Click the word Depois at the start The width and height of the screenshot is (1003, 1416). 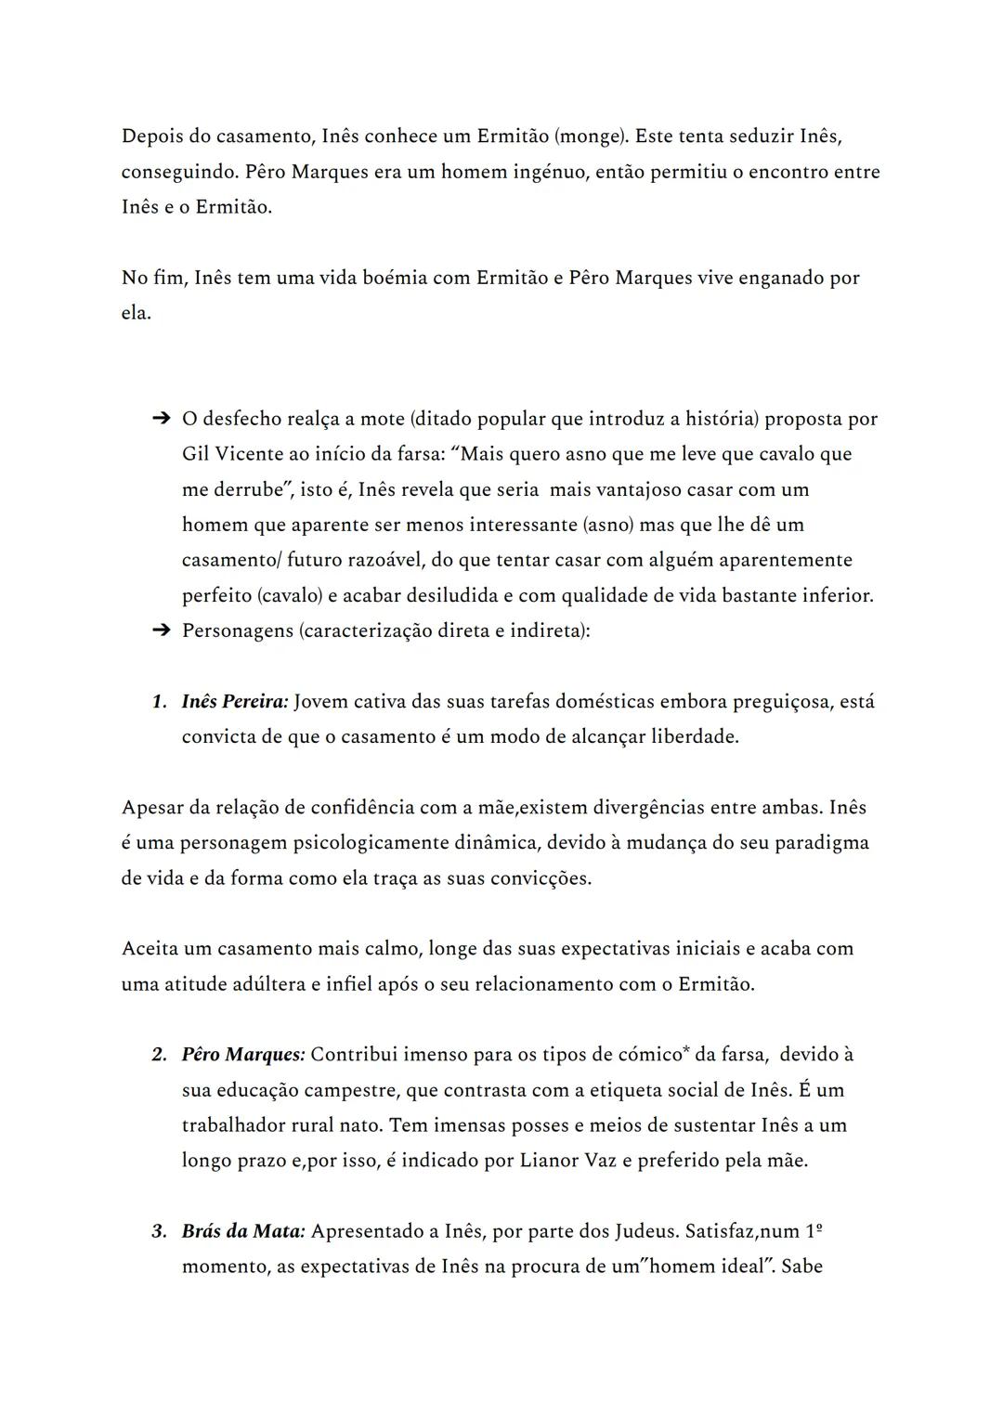click(x=152, y=136)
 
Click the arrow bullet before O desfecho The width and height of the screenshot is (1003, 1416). click(x=161, y=419)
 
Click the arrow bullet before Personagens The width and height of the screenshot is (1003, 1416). click(x=161, y=630)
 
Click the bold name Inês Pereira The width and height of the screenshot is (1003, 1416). click(x=235, y=701)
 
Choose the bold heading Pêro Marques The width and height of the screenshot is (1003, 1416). click(x=242, y=1054)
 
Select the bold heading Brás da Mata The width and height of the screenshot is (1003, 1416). click(x=242, y=1231)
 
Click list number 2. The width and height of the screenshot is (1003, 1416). click(x=159, y=1054)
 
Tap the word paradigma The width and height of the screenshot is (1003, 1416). click(x=822, y=842)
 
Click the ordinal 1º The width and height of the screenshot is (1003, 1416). click(x=813, y=1231)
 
